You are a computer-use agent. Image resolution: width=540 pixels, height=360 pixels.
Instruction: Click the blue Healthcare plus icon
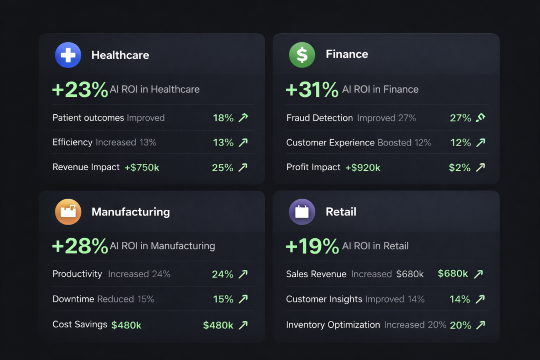[x=68, y=55]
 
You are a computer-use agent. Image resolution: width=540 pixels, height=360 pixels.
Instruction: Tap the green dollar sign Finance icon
[x=302, y=55]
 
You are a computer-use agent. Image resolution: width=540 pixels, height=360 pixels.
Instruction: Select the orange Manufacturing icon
[x=68, y=212]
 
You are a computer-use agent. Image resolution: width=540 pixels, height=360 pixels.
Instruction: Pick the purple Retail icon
[x=302, y=212]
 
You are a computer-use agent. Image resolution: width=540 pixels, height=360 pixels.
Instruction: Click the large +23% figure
[x=80, y=90]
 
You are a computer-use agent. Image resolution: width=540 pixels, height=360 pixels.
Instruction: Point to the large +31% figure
[x=312, y=90]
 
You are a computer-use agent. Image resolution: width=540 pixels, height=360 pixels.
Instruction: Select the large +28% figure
[x=80, y=246]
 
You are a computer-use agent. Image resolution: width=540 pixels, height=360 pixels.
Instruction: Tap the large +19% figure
[x=312, y=246]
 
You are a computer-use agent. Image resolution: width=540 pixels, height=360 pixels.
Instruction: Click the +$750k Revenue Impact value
[x=142, y=168]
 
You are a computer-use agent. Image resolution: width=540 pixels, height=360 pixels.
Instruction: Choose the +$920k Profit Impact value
[x=362, y=168]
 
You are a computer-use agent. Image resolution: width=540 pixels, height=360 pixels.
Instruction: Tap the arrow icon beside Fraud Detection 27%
[x=480, y=118]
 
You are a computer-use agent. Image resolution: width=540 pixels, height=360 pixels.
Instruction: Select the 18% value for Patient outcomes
[x=223, y=118]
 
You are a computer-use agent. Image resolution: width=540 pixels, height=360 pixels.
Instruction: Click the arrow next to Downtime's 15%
[x=243, y=299]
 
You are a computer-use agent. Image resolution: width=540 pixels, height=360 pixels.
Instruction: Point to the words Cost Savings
[x=80, y=325]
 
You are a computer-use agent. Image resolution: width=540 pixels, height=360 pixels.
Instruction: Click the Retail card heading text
[x=341, y=212]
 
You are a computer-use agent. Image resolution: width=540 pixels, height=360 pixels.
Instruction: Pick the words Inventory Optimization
[x=333, y=325]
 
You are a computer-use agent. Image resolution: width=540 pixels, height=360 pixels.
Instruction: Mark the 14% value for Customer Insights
[x=459, y=299]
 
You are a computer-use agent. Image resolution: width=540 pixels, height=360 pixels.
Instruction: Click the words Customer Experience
[x=331, y=143]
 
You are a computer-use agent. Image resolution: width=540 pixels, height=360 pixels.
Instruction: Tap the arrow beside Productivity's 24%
[x=243, y=274]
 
